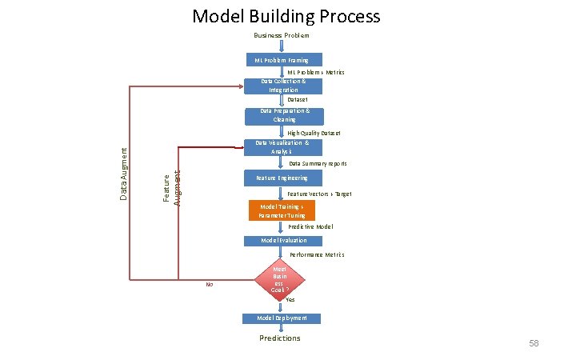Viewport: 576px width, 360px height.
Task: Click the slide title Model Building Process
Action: (286, 16)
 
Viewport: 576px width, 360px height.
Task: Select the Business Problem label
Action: (281, 36)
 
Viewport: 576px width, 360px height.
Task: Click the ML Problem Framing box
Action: (282, 60)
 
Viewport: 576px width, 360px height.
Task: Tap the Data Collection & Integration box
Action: (282, 86)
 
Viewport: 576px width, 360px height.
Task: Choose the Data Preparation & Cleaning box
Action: (282, 115)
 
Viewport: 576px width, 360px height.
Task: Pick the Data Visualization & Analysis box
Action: (282, 147)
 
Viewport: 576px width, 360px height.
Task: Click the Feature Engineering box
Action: (282, 178)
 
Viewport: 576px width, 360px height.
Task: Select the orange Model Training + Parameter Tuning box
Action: (282, 210)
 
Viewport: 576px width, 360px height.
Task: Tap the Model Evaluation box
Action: (282, 241)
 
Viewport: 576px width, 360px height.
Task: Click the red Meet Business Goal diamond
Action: (279, 280)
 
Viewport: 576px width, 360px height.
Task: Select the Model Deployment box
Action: (282, 318)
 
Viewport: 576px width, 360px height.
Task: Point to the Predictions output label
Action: (280, 338)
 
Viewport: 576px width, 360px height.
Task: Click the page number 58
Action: (534, 343)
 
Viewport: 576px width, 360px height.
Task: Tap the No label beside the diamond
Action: (209, 284)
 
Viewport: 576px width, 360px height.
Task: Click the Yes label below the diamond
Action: (290, 300)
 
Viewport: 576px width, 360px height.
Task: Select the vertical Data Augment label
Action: (123, 174)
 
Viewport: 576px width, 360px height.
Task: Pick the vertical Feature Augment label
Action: (172, 185)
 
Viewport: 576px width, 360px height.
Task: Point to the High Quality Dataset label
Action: (314, 133)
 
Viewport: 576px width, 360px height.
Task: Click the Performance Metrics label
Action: (317, 254)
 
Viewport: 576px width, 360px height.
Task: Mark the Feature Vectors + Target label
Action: (319, 194)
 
